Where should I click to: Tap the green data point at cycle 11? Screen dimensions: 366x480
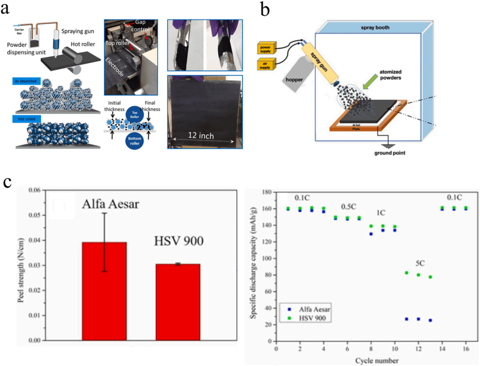click(x=406, y=273)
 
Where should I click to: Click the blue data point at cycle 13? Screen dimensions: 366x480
click(x=430, y=320)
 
